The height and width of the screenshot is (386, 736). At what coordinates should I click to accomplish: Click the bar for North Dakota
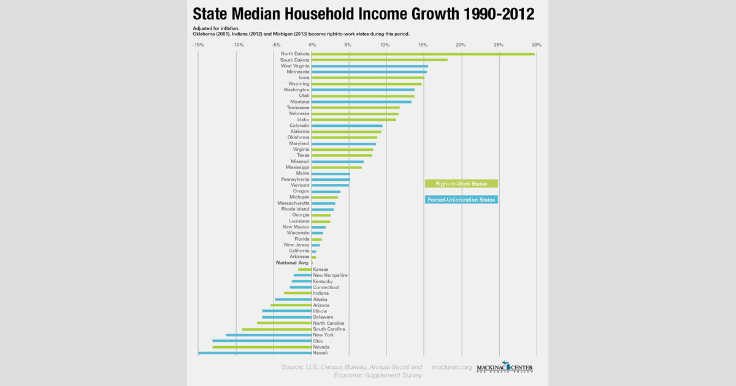[x=423, y=54]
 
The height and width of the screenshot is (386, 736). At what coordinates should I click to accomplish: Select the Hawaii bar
[x=255, y=353]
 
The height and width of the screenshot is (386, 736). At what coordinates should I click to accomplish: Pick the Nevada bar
[x=262, y=347]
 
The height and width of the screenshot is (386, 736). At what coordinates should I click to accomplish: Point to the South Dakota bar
[x=379, y=60]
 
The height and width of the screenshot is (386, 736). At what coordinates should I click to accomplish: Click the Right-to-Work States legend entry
[x=461, y=183]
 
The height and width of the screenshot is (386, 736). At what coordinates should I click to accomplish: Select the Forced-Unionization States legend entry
[x=461, y=200]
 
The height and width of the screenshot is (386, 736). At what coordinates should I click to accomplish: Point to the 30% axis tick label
[x=537, y=45]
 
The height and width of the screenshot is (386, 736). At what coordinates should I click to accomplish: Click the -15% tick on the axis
[x=198, y=45]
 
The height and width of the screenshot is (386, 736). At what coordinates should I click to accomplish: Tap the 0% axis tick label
[x=312, y=45]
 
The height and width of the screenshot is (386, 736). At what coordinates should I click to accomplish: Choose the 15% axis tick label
[x=423, y=45]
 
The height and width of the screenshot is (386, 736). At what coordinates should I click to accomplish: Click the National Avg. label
[x=293, y=263]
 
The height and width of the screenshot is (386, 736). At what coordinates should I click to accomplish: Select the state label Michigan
[x=299, y=197]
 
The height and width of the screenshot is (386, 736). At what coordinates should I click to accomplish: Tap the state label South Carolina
[x=329, y=329]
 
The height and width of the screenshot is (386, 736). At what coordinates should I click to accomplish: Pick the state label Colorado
[x=299, y=126]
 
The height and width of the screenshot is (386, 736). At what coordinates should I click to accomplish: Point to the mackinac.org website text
[x=452, y=367]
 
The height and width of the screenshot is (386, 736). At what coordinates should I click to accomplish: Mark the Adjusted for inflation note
[x=215, y=28]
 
